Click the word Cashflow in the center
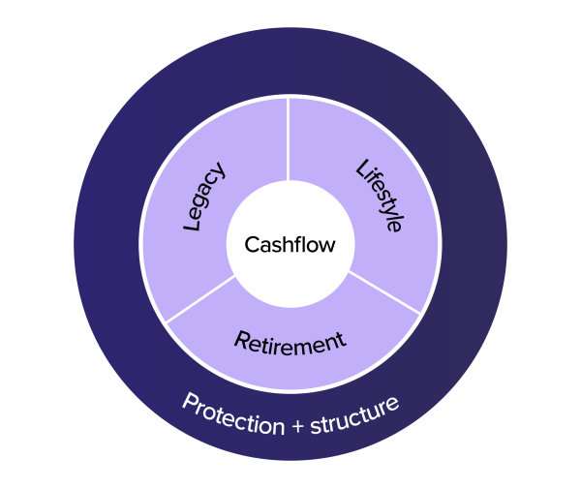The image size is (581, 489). [290, 245]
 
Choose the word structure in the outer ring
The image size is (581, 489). [353, 414]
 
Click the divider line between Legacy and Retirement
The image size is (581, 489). [199, 297]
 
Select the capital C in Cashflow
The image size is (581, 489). [251, 245]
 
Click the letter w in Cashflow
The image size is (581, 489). [326, 245]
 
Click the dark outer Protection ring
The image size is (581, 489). [107, 242]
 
